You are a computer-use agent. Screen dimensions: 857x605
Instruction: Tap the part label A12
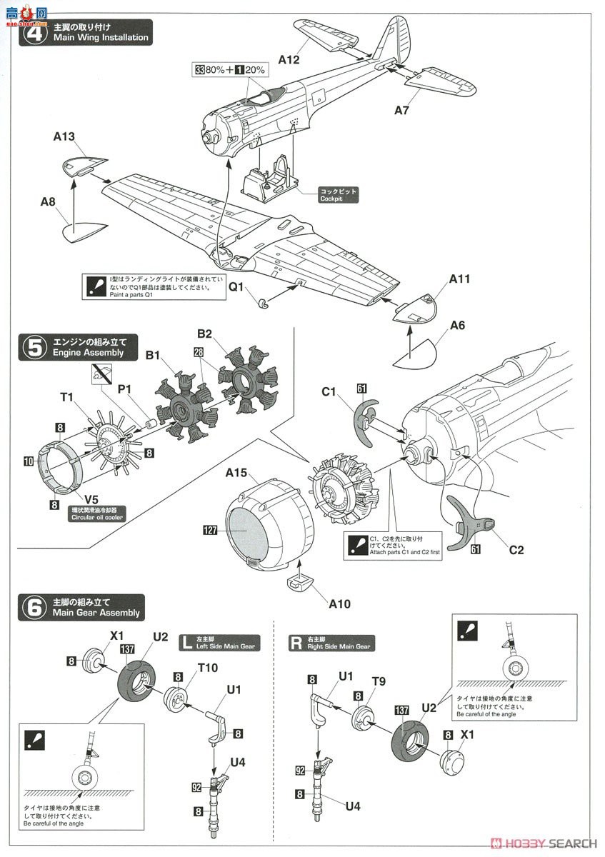[x=289, y=60]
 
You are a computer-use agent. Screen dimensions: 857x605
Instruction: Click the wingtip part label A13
[x=64, y=136]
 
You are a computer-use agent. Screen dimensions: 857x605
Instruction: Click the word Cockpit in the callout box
[x=331, y=199]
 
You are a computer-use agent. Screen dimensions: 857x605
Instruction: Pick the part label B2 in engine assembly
[x=206, y=333]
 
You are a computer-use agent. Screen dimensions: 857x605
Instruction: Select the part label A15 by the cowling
[x=237, y=473]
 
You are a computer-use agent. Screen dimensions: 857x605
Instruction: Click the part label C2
[x=516, y=550]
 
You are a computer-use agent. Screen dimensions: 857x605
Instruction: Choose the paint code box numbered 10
[x=28, y=462]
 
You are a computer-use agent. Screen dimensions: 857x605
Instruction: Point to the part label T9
[x=378, y=681]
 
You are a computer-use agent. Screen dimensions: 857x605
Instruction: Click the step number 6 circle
[x=33, y=607]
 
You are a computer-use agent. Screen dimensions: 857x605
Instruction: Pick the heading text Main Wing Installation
[x=101, y=37]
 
